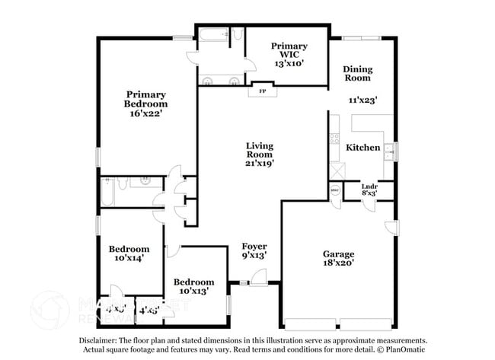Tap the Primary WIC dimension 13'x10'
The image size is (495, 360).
(289, 65)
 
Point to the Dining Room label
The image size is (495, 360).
(356, 73)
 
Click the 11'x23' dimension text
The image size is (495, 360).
(363, 99)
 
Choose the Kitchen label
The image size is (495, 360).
(362, 147)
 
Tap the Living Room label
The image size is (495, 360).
(259, 149)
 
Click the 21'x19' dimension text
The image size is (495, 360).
(259, 162)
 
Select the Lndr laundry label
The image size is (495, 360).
(369, 186)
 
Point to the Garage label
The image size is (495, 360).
(338, 254)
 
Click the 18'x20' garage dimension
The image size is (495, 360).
(338, 264)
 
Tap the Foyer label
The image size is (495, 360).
(254, 246)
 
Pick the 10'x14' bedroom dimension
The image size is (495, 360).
(128, 259)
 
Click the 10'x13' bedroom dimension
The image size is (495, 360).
(193, 291)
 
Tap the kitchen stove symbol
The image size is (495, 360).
(334, 139)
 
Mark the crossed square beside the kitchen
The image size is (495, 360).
(336, 163)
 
